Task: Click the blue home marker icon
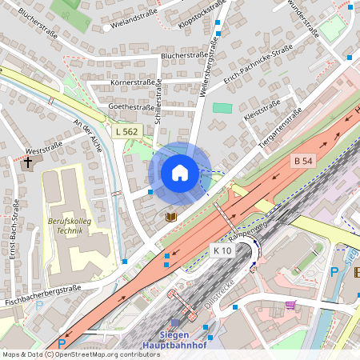pyautogui.click(x=180, y=172)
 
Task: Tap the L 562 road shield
pyautogui.click(x=126, y=131)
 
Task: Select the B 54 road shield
pyautogui.click(x=303, y=161)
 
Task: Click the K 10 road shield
pyautogui.click(x=222, y=250)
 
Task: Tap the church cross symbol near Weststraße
pyautogui.click(x=28, y=162)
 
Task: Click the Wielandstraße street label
pyautogui.click(x=134, y=15)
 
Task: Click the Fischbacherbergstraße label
pyautogui.click(x=44, y=296)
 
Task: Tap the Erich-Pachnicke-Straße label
pyautogui.click(x=258, y=66)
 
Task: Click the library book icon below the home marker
pyautogui.click(x=170, y=217)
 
